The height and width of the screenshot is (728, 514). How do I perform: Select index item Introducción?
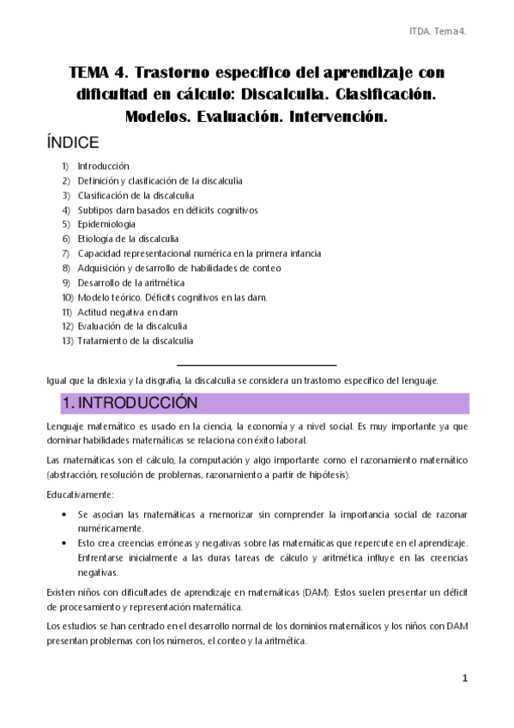(103, 166)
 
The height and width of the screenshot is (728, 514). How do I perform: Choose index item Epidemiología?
(106, 224)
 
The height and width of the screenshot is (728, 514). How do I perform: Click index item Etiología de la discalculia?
(128, 239)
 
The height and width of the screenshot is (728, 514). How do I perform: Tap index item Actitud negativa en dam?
(122, 312)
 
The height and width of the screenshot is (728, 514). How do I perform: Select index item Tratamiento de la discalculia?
(135, 341)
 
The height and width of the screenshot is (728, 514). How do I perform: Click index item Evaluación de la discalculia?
(132, 326)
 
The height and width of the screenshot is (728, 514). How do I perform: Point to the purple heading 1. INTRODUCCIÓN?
(130, 403)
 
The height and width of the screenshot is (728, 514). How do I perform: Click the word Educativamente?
(78, 494)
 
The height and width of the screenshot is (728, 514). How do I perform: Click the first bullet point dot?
(66, 514)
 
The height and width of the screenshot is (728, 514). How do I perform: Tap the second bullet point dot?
(66, 543)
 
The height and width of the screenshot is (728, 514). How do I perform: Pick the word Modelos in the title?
(166, 116)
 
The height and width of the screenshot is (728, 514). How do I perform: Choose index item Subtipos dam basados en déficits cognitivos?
(167, 209)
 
